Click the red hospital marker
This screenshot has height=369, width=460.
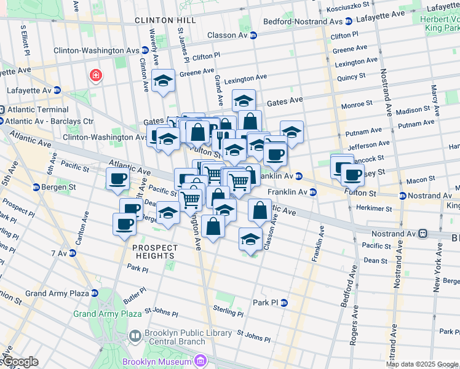[x=96, y=76]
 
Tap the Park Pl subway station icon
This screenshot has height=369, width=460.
[x=284, y=303]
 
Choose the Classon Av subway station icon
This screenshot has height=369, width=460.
[x=253, y=35]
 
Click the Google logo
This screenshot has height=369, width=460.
[x=19, y=362]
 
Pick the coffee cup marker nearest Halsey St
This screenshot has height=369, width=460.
[x=352, y=174]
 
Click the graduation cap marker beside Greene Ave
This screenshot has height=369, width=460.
[x=164, y=81]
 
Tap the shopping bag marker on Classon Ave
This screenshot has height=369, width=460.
[x=260, y=210]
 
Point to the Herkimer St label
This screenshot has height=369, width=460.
[x=371, y=209]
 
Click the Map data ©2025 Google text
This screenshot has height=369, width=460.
[x=421, y=364]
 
